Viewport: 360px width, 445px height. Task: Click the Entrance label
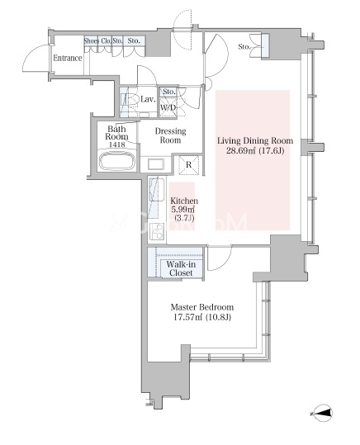coord(68,58)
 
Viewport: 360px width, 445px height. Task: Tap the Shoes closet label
coord(91,41)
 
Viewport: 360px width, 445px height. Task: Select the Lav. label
coord(148,99)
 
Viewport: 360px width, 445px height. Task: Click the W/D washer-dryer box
coord(168,107)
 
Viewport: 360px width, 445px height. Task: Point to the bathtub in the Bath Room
coord(117,161)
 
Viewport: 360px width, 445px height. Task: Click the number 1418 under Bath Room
coord(117,144)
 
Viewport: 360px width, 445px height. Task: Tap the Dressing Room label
coord(171,135)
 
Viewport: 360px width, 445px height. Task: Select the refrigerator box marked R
coord(188,164)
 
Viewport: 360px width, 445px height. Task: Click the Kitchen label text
coord(184,201)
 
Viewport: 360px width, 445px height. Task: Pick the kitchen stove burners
coord(157,231)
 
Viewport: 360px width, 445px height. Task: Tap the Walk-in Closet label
coord(181,268)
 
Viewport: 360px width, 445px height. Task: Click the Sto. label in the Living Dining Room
coord(244,46)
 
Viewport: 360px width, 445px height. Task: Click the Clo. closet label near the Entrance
coord(106,41)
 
